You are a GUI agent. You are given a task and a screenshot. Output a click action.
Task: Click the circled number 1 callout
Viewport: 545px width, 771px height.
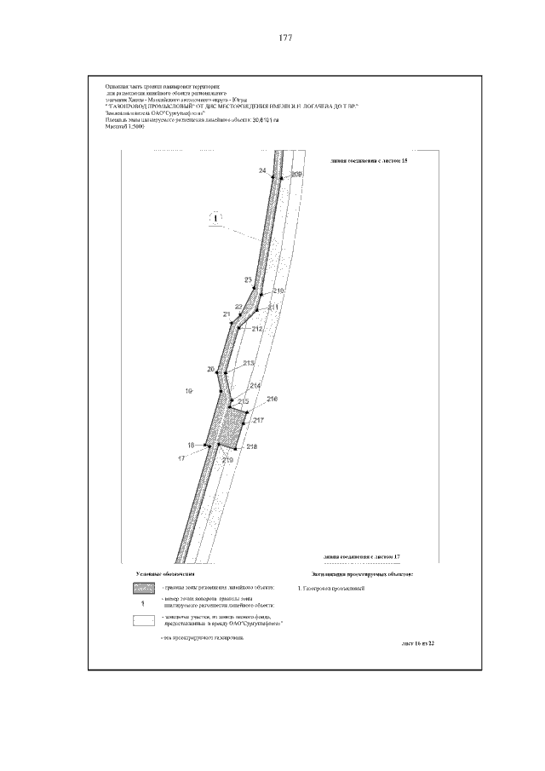(x=216, y=219)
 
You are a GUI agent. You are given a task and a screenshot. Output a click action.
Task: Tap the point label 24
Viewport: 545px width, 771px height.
(x=262, y=172)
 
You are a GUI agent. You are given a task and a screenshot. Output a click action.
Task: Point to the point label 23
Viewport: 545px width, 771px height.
(x=248, y=280)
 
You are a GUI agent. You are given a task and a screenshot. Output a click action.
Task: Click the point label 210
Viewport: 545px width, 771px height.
(x=278, y=291)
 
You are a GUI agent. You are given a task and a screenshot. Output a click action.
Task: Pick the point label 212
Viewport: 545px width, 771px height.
(x=257, y=328)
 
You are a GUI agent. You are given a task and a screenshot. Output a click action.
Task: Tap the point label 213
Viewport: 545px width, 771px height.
(x=249, y=364)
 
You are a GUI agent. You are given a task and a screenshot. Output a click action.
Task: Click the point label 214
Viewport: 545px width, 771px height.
(x=255, y=385)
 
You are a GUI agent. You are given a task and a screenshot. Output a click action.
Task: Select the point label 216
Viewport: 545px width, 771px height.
(x=272, y=399)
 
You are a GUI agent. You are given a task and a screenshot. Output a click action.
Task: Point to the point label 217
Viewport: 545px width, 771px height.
(x=260, y=420)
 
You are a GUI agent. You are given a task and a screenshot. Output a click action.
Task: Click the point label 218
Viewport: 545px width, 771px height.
(x=251, y=446)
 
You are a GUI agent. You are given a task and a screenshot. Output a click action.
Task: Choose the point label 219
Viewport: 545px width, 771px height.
(x=227, y=460)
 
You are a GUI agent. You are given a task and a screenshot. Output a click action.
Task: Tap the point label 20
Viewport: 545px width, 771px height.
(x=210, y=369)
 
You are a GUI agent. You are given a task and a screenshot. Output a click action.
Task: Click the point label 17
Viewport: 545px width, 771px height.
(x=181, y=458)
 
